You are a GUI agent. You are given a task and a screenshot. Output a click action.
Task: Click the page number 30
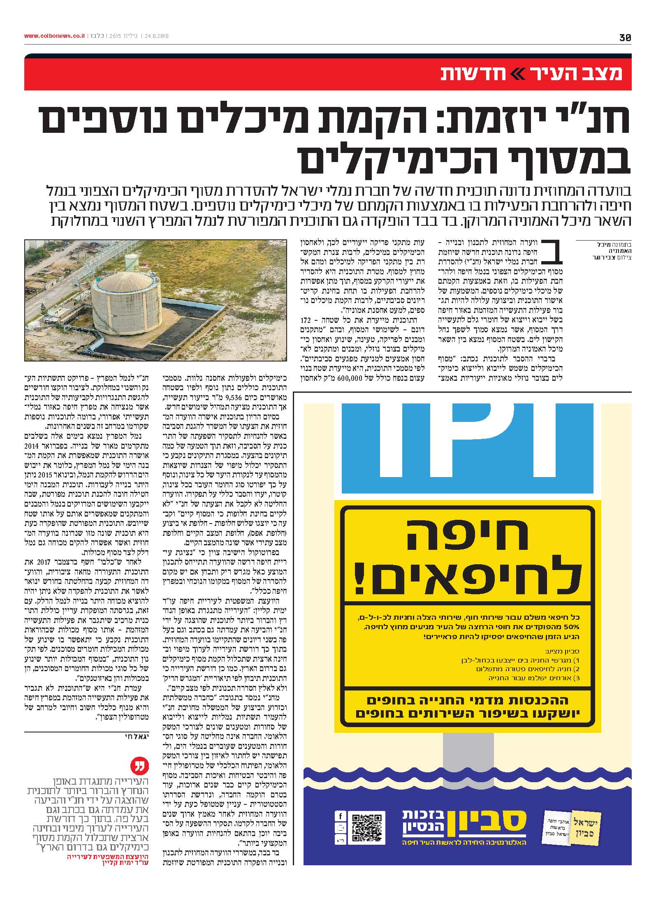[x=625, y=37]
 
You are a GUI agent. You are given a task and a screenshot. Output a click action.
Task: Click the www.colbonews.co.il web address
[x=54, y=36]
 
